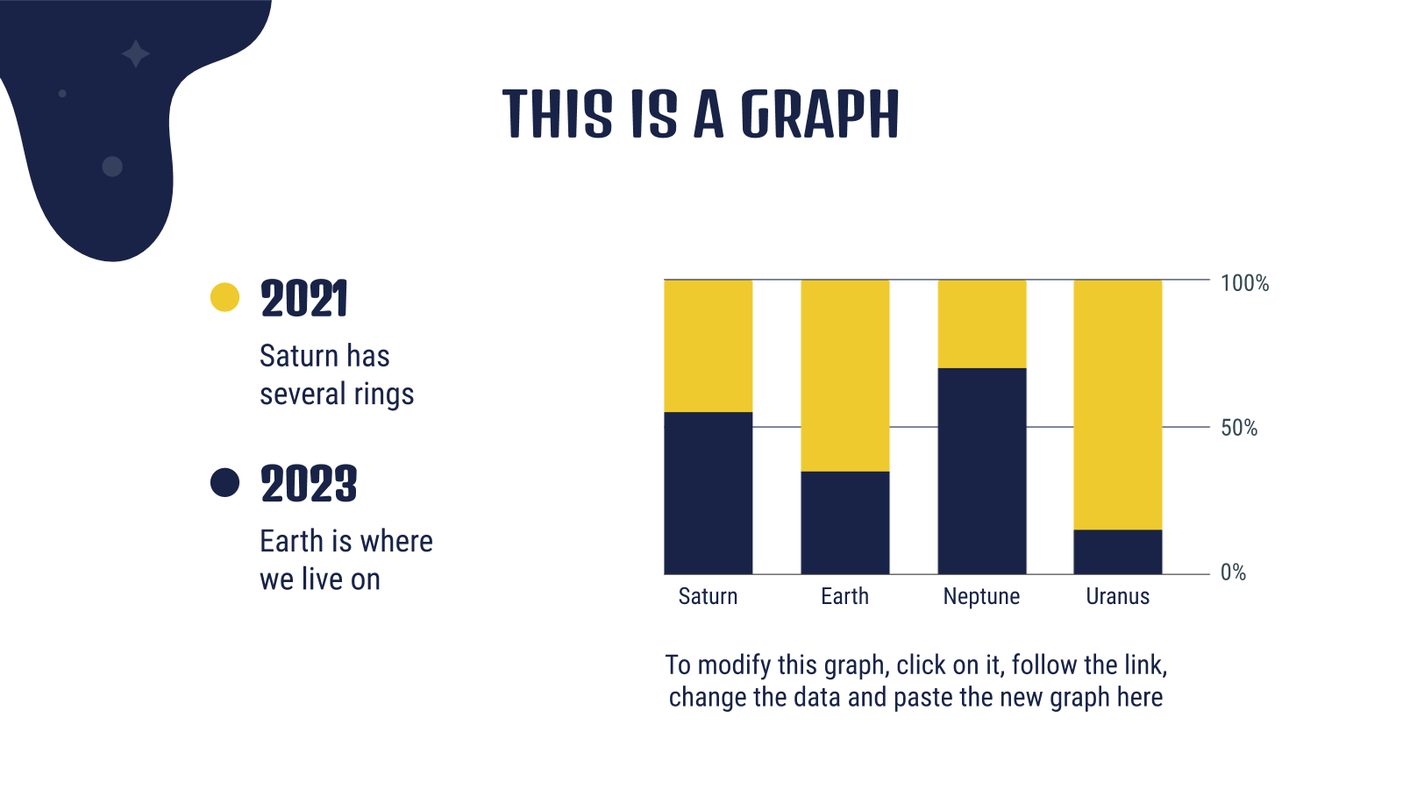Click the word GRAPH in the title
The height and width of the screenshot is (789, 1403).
[820, 114]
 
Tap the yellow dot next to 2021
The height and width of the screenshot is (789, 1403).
[224, 297]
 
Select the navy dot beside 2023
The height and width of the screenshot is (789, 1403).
[224, 483]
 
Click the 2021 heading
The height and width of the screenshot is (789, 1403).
[303, 299]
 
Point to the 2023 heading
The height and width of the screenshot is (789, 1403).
[309, 484]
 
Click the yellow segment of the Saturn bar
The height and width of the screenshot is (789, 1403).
[709, 345]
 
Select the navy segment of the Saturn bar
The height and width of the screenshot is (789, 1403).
[709, 493]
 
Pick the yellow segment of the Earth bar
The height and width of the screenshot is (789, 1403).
[845, 376]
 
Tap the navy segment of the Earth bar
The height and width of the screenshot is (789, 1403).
[845, 522]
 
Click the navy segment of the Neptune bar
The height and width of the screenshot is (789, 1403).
[982, 471]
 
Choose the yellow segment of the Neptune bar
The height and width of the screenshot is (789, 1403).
[982, 323]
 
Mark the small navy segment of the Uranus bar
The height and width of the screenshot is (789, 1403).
[1118, 551]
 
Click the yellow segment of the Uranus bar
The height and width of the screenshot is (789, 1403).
[1118, 404]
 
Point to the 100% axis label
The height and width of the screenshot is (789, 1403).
[1244, 284]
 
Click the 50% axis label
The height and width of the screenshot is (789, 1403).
[1239, 429]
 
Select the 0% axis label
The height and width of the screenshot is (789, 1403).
[1233, 572]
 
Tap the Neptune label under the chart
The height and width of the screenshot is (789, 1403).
[981, 597]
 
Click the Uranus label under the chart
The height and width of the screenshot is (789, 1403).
[1118, 597]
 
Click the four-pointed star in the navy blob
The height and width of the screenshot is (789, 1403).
[135, 53]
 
